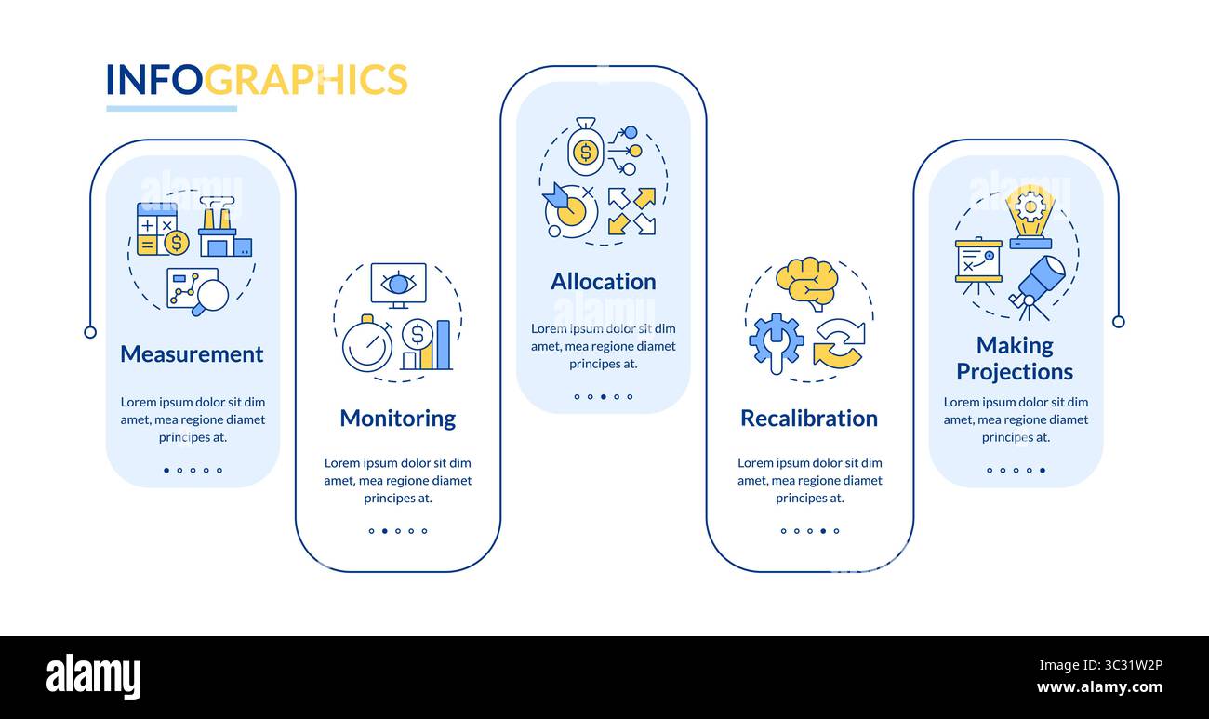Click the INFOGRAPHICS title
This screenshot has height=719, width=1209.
pyautogui.click(x=257, y=80)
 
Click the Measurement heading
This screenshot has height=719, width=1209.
pyautogui.click(x=192, y=354)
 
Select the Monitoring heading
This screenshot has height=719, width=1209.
pyautogui.click(x=397, y=419)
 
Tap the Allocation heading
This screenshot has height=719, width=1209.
pyautogui.click(x=603, y=282)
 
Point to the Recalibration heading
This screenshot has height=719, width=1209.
pyautogui.click(x=808, y=419)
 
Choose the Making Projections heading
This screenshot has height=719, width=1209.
pyautogui.click(x=1015, y=358)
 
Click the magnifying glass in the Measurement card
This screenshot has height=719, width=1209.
pyautogui.click(x=212, y=296)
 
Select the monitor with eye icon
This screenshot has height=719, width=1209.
pyautogui.click(x=398, y=285)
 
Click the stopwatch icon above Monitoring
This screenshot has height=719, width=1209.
pyautogui.click(x=366, y=345)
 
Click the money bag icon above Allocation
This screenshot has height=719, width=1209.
pyautogui.click(x=585, y=149)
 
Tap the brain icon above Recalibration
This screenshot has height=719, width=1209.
pyautogui.click(x=806, y=282)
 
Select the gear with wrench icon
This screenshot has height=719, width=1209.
pyautogui.click(x=776, y=341)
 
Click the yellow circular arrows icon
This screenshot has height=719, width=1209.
pyautogui.click(x=838, y=343)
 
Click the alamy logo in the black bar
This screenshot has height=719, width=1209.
pyautogui.click(x=93, y=677)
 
